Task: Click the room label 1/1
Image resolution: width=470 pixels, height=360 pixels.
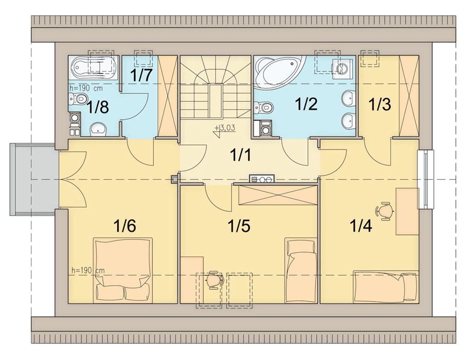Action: pyautogui.click(x=240, y=155)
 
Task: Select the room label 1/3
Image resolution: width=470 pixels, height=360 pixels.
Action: pyautogui.click(x=380, y=105)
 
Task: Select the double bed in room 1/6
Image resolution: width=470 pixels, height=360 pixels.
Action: pyautogui.click(x=123, y=270)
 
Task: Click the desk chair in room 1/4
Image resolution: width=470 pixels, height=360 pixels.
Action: pyautogui.click(x=385, y=211)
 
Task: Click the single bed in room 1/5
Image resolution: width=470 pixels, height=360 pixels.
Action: pyautogui.click(x=301, y=270)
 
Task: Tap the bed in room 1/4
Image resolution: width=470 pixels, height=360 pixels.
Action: pyautogui.click(x=386, y=287)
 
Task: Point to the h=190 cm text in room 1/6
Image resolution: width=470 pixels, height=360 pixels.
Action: pyautogui.click(x=88, y=270)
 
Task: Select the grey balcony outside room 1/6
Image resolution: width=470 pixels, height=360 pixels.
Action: pyautogui.click(x=33, y=179)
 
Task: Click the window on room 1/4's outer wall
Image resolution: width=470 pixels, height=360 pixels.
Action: pyautogui.click(x=425, y=179)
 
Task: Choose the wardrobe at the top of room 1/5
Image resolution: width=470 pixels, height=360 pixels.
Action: pyautogui.click(x=278, y=195)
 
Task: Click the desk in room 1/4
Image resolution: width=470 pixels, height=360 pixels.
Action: pyautogui.click(x=407, y=211)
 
